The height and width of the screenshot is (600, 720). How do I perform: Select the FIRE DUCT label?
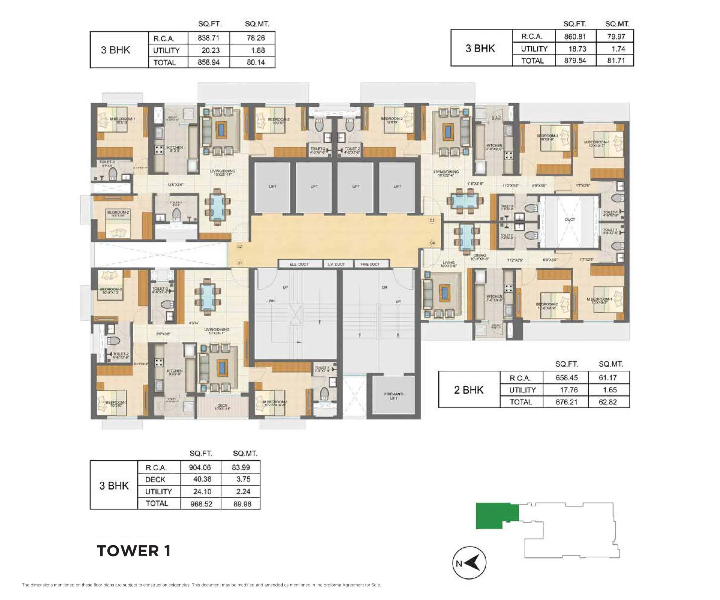[x=370, y=264]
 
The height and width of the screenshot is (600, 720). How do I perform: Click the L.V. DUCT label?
[x=336, y=264]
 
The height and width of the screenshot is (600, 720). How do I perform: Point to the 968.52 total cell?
[x=201, y=504]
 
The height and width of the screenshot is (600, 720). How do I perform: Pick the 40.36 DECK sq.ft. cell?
[x=202, y=479]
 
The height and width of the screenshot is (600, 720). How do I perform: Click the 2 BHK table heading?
[x=468, y=390]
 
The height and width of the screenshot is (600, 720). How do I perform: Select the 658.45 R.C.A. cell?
[x=566, y=378]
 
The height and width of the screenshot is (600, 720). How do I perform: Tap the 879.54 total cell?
[x=575, y=61]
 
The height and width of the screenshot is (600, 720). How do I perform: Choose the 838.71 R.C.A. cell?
[x=208, y=38]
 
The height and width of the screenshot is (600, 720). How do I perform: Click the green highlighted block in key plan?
[x=494, y=515]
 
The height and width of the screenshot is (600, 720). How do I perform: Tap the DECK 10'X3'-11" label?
[x=222, y=407]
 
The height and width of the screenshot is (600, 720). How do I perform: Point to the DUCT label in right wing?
[x=570, y=219]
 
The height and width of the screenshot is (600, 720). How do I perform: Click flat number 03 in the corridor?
[x=432, y=220]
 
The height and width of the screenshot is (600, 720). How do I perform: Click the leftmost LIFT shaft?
[x=273, y=187]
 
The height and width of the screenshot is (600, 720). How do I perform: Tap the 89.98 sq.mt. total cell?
[x=242, y=504]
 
